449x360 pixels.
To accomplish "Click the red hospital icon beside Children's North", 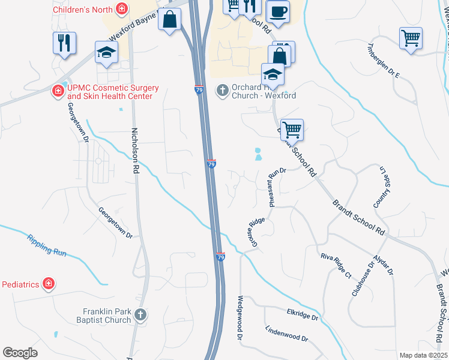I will [122, 9].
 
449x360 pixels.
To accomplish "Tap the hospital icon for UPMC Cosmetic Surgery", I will [58, 91].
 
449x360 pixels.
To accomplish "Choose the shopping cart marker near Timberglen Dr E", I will [411, 38].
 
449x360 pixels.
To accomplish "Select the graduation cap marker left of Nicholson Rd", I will [106, 52].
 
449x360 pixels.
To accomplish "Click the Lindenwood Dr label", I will [286, 335].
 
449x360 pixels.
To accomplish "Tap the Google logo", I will [20, 352].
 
